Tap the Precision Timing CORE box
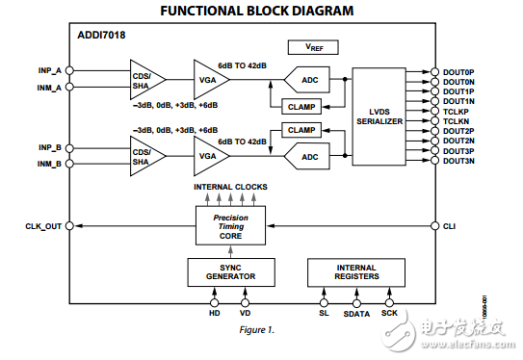coord(230,226)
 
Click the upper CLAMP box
coord(301,107)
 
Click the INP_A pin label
coord(50,70)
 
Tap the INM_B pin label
coord(50,164)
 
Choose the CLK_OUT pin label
coord(43,226)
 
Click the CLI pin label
coord(449,226)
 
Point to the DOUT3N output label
coord(459,161)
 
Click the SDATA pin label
coord(356,313)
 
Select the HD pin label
coord(214,313)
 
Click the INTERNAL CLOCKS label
coord(230,186)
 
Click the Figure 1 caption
coord(258,330)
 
